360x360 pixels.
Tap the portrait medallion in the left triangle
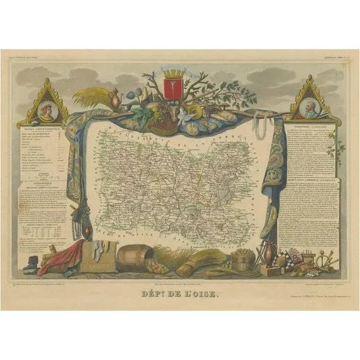pyautogui.click(x=45, y=104)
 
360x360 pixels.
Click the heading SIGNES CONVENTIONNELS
pyautogui.click(x=45, y=128)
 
